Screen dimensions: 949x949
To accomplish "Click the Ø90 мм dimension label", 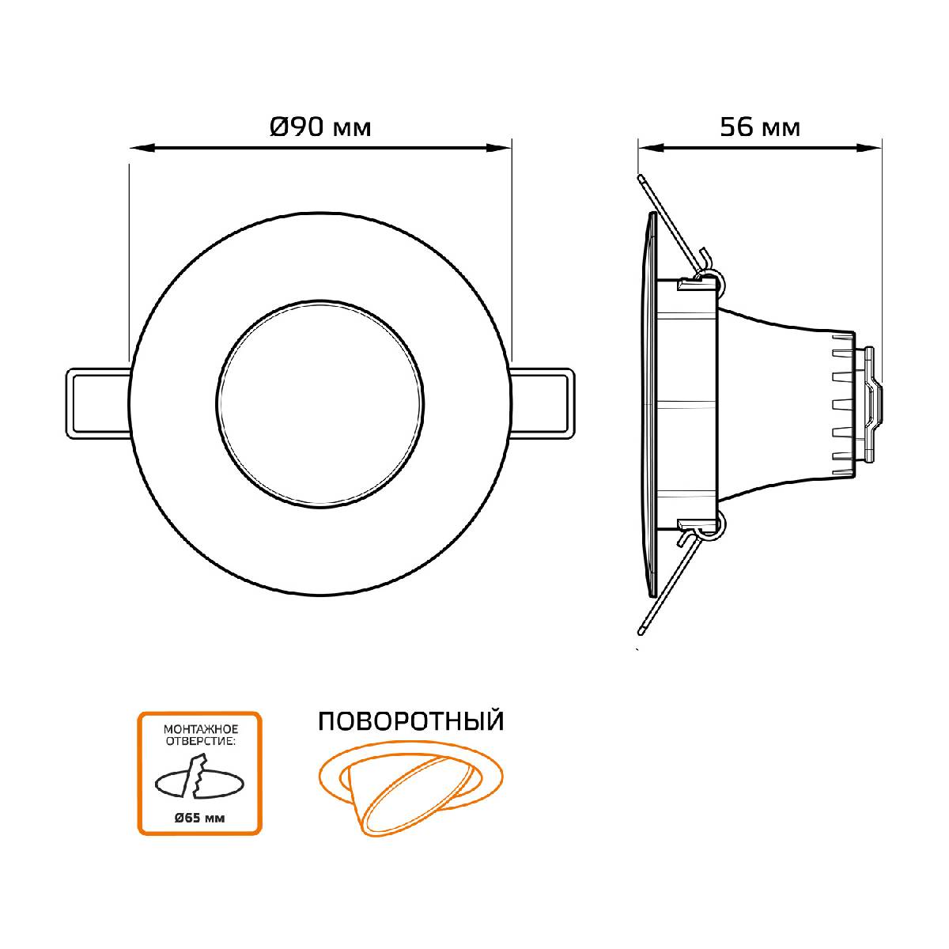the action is point(320,127).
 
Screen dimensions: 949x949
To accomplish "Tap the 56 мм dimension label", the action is point(760,127).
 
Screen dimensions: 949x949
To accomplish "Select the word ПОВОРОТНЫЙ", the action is point(411,721).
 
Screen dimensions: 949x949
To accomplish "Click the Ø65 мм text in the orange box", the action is point(199,818).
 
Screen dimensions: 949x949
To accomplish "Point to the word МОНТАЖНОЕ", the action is point(200,729).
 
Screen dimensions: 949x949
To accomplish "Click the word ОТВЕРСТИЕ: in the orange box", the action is point(200,742).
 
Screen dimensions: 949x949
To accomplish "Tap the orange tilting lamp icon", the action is point(410,789).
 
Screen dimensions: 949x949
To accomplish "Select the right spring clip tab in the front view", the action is point(542,403).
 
